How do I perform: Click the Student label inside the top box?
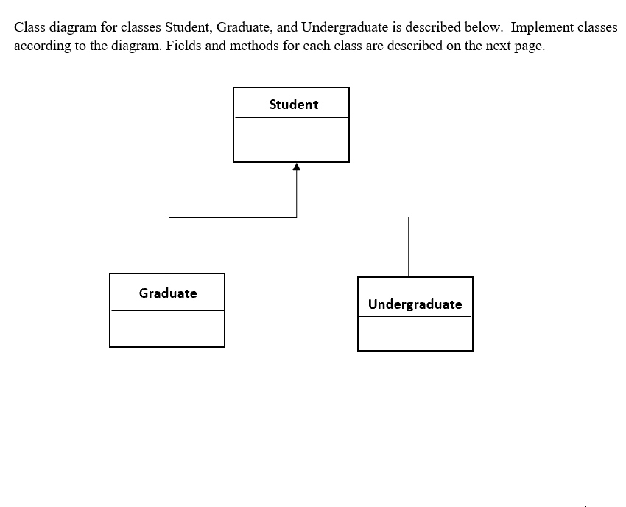click(294, 105)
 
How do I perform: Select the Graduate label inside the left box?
click(168, 293)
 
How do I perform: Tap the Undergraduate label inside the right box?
click(415, 304)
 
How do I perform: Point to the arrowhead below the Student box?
click(296, 167)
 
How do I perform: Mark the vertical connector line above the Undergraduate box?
click(409, 247)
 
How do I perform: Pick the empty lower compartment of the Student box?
click(291, 139)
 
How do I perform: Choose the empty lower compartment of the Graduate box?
click(167, 329)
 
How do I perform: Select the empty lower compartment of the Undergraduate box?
click(415, 334)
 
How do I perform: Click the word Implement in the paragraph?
click(541, 28)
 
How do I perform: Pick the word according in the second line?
click(41, 45)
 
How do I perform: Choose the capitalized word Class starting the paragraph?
click(30, 28)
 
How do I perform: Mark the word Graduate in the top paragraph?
click(245, 28)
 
